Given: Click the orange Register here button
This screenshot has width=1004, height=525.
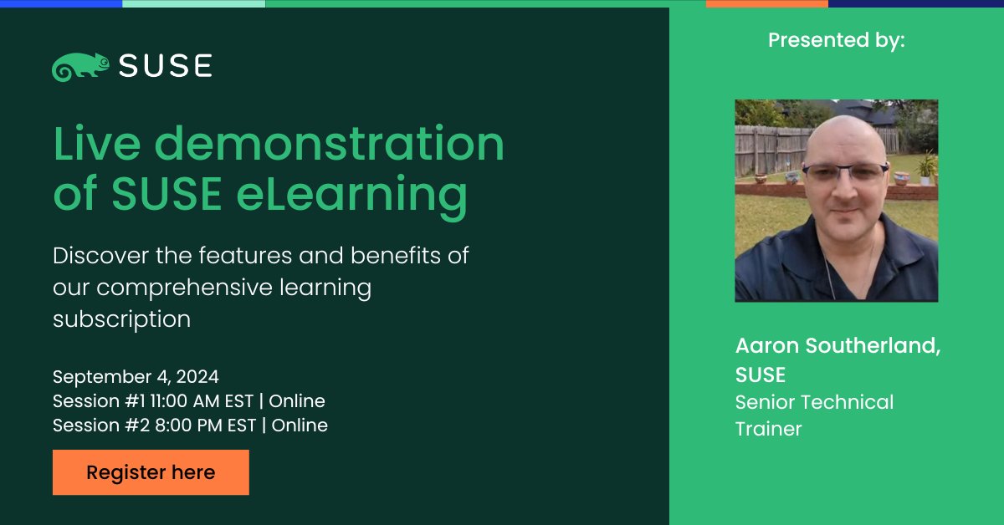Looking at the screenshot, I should pos(151,472).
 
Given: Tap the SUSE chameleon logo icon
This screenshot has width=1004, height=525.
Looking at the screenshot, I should pos(80,67).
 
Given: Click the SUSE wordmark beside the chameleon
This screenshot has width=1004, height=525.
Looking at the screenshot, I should pos(165,66).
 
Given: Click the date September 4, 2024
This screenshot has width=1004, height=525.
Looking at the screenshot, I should pos(136,376).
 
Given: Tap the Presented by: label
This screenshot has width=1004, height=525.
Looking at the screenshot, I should pos(836,40).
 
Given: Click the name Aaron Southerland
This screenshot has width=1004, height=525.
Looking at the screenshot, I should pos(838,346).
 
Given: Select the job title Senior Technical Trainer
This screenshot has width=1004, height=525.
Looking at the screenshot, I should pos(814,415).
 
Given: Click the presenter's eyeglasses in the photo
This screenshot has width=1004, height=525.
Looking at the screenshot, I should pos(844,173).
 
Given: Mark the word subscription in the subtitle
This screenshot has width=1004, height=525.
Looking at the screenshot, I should pos(121,319).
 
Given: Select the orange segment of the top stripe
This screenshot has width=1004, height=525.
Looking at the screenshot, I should pos(766,3).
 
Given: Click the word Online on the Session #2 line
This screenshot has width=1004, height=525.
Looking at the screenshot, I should pos(299,426).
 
